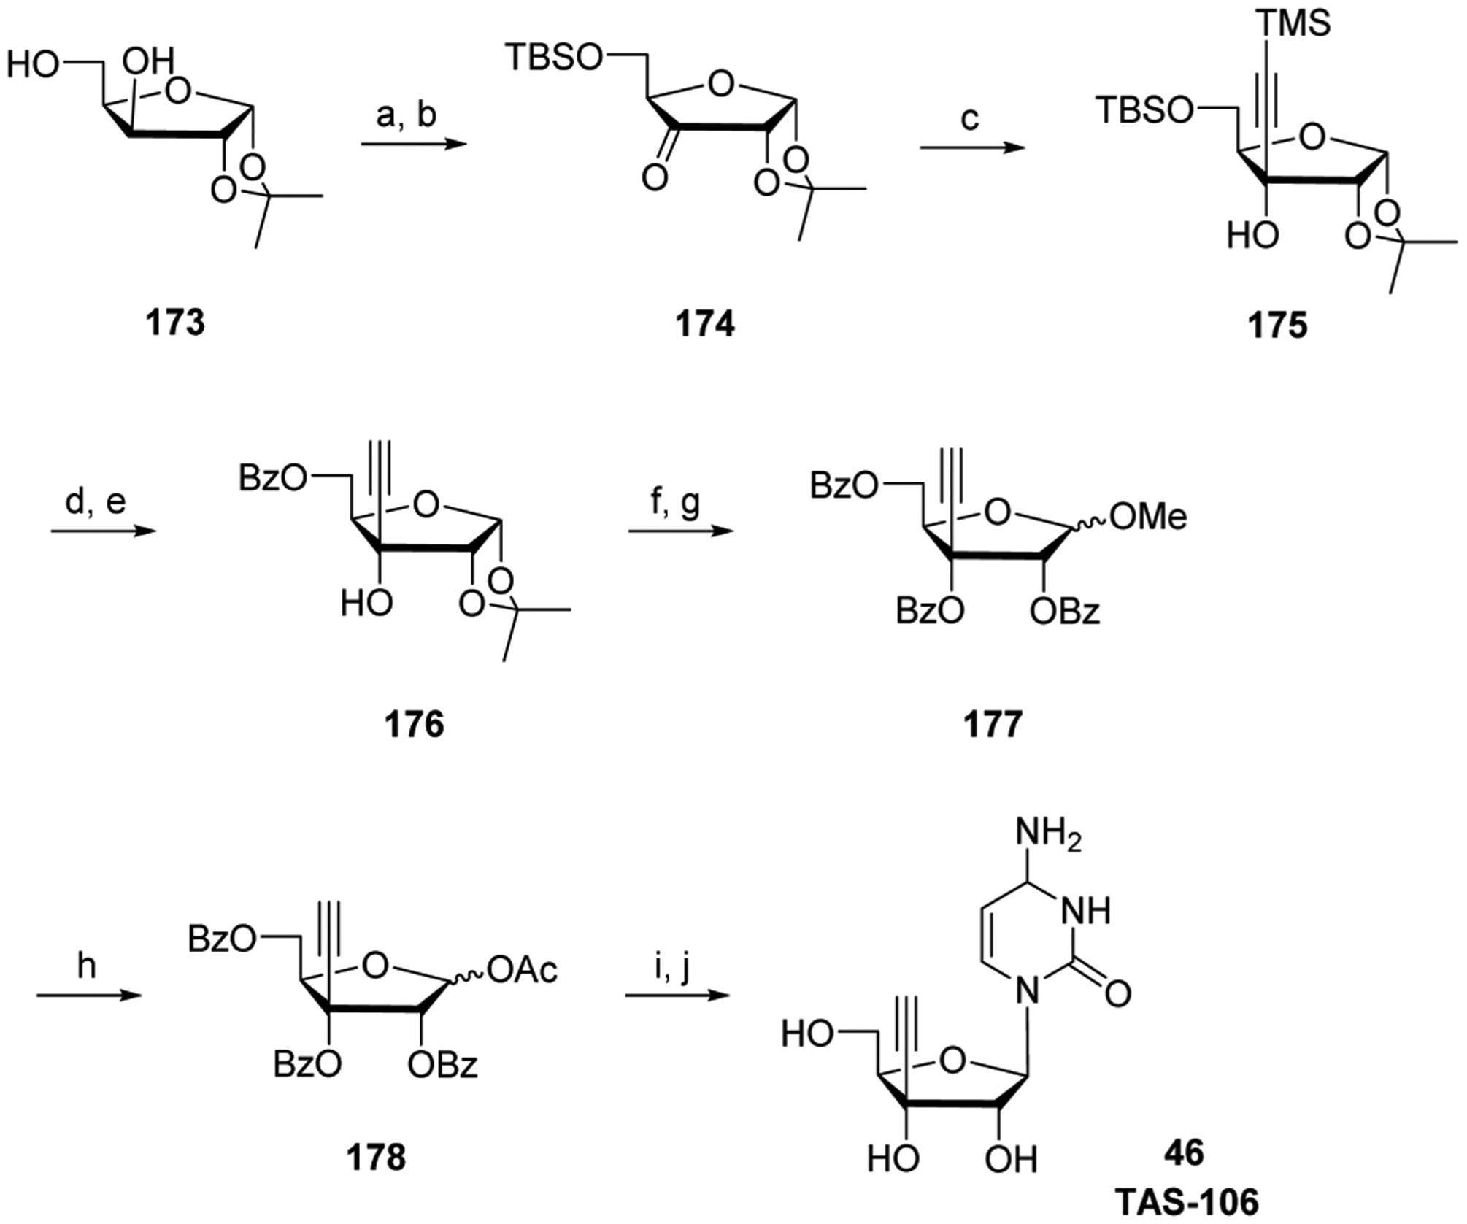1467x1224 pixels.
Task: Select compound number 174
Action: [704, 323]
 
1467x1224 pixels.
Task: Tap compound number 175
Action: [1277, 326]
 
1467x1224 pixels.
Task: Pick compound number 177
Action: [993, 724]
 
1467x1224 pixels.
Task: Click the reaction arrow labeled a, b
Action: [414, 144]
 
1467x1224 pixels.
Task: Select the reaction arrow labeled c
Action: [971, 148]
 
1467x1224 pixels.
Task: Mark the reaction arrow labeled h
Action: [88, 994]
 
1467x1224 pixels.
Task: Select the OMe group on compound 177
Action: [1148, 517]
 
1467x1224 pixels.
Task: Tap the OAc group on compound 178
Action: [523, 970]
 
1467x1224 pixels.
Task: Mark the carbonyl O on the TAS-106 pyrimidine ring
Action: [1117, 993]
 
